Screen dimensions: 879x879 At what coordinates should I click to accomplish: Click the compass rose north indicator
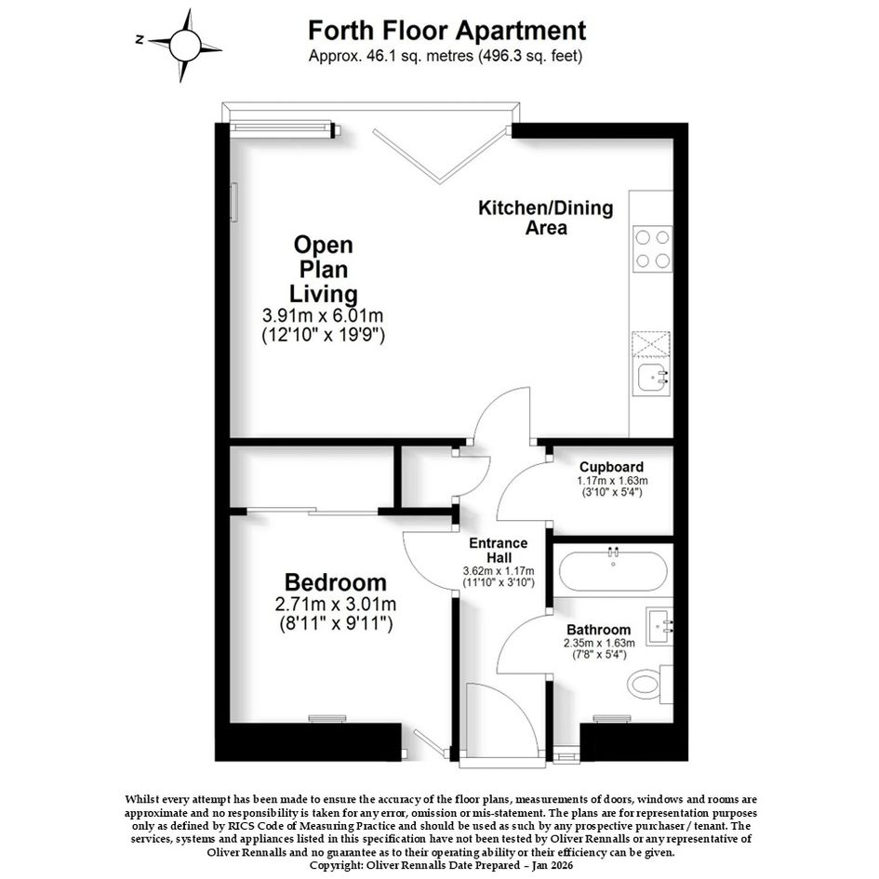(140, 39)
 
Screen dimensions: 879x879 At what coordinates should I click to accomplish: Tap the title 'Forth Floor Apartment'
(446, 31)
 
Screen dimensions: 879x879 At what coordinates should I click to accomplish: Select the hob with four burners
(653, 249)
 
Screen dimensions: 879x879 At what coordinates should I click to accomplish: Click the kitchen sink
(654, 378)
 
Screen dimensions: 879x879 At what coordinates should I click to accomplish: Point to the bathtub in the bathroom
(613, 571)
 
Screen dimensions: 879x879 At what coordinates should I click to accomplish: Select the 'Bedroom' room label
(335, 582)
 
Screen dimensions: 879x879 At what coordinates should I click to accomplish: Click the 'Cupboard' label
(612, 467)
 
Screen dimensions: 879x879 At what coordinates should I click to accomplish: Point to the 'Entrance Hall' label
(499, 551)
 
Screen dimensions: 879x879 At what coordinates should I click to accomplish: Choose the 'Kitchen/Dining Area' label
(545, 218)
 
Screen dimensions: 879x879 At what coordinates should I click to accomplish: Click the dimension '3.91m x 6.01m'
(323, 315)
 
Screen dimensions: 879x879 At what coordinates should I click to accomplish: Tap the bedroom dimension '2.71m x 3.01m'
(336, 605)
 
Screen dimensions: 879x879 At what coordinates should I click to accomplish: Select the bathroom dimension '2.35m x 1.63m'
(599, 643)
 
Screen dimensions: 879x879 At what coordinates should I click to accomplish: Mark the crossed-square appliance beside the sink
(651, 344)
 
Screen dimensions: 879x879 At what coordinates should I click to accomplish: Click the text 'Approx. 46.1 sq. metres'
(391, 56)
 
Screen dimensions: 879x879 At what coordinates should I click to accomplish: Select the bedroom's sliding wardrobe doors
(313, 511)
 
